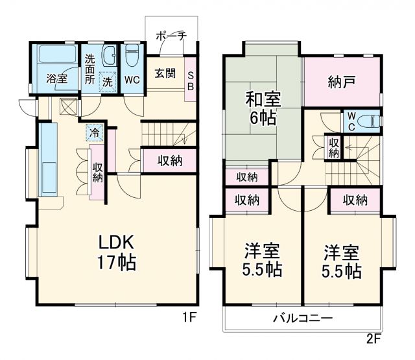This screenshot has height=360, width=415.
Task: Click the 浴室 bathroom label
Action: pos(56,78)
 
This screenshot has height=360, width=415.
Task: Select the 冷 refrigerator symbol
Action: pos(95,132)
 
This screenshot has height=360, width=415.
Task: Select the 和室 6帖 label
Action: pos(262,109)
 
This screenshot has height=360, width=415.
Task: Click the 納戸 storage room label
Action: pos(341,82)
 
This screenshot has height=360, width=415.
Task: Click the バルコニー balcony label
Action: pos(302,318)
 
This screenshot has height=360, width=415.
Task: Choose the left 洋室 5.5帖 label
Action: pos(262,260)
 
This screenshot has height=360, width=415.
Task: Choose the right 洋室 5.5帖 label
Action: pos(342,260)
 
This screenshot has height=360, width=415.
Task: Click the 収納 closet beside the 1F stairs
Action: pos(169,160)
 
